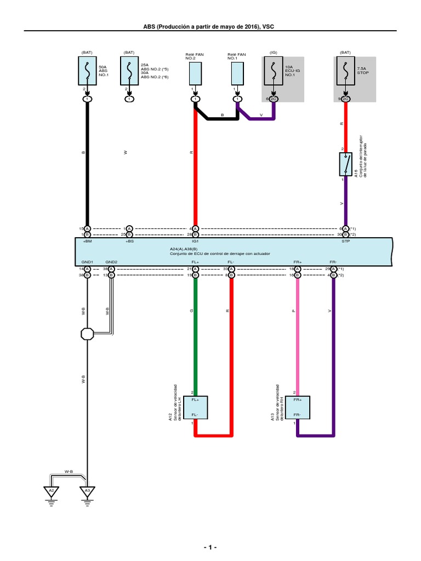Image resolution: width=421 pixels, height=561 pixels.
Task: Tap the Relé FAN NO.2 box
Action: (195, 72)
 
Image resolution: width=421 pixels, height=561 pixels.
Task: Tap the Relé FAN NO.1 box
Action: (237, 72)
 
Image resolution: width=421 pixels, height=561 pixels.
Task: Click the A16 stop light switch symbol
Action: (346, 164)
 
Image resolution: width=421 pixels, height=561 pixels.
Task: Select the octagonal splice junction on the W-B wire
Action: (87, 333)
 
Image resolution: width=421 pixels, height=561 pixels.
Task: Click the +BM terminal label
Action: (87, 241)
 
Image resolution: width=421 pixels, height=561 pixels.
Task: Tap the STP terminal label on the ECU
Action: (346, 241)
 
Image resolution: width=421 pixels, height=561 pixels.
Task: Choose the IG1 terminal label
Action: (195, 241)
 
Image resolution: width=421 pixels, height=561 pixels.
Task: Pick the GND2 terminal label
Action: (111, 262)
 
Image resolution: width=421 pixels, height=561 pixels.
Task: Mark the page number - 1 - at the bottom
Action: (210, 548)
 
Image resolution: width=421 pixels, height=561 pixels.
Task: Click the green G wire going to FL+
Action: (195, 334)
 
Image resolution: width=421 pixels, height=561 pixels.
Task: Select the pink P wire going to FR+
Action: (298, 334)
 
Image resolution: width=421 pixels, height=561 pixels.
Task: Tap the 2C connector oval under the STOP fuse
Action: (346, 99)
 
